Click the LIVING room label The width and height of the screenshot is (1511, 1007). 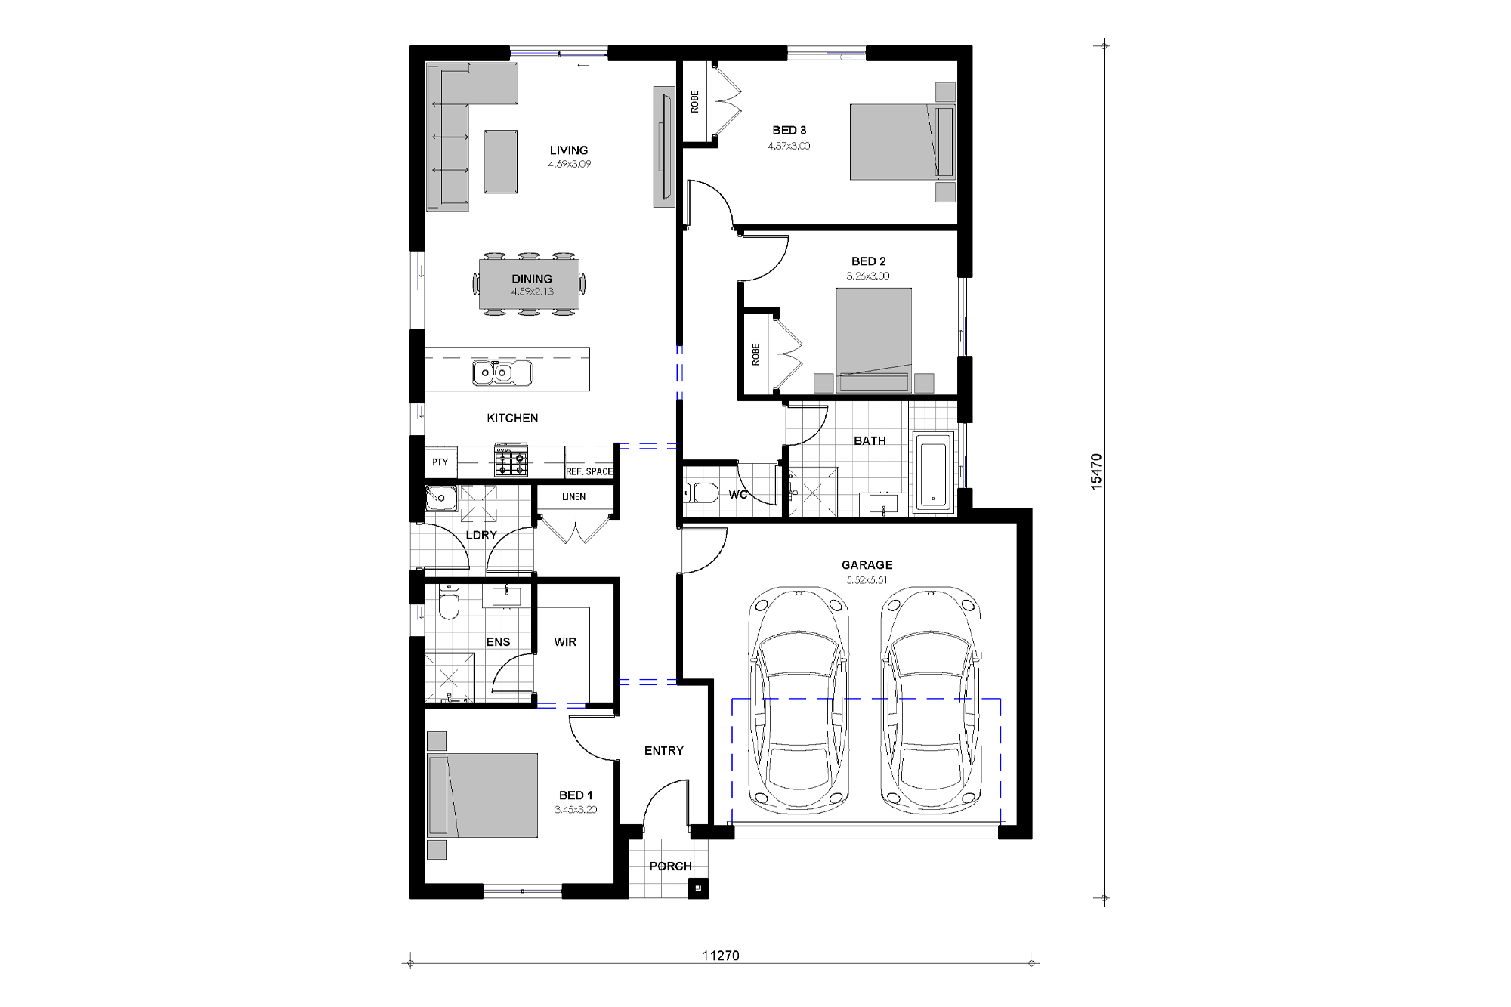coord(568,150)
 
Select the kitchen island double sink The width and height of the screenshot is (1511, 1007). coord(502,372)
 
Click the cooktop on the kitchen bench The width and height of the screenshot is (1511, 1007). coord(511,460)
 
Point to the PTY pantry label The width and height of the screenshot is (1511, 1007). coord(440,462)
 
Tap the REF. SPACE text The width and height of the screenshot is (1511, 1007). coord(589,471)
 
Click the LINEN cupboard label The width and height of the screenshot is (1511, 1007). coord(573,497)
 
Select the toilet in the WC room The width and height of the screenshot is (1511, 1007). coord(704,493)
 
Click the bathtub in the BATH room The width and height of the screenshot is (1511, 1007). coord(933,472)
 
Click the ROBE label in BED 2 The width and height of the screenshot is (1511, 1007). coord(755,354)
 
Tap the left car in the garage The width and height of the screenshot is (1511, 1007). coord(799,699)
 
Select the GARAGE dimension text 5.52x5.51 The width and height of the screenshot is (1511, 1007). coord(867,580)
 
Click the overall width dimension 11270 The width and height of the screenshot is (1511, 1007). coord(720,956)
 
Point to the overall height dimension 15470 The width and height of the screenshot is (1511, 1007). coord(1096,471)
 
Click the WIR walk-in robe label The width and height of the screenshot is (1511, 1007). coord(565,642)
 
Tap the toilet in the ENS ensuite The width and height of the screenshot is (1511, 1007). coord(449,604)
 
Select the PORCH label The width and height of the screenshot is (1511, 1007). coord(670,866)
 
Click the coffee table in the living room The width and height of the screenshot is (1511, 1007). coord(501,162)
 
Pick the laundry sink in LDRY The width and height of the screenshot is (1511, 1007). coord(440,499)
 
